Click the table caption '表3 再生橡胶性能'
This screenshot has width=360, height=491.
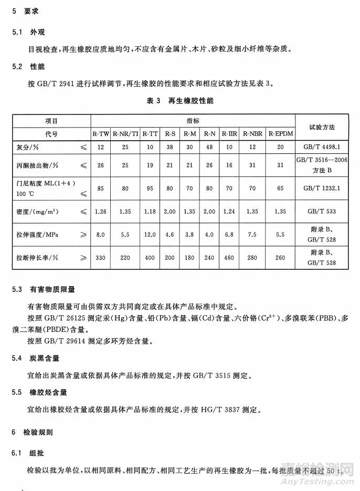(x=180, y=100)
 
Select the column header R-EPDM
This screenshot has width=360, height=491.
(x=280, y=134)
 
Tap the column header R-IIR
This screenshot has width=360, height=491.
(x=229, y=134)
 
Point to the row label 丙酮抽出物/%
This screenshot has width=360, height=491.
(x=37, y=165)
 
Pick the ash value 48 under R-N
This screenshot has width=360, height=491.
(x=210, y=148)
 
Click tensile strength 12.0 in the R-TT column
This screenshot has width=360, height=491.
(x=150, y=235)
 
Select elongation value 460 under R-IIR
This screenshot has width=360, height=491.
(x=229, y=258)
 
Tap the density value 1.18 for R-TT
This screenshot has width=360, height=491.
(x=150, y=212)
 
